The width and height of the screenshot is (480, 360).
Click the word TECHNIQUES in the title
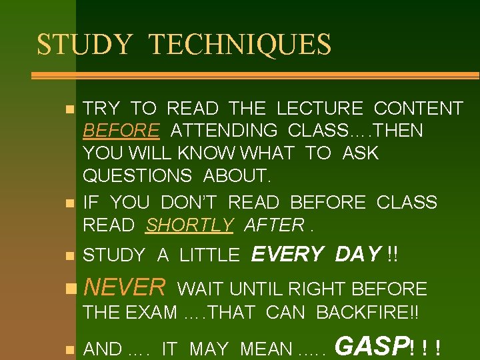[240, 45]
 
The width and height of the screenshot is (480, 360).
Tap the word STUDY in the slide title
[85, 45]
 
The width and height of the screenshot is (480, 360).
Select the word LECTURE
[319, 108]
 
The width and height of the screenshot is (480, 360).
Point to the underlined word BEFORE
[121, 131]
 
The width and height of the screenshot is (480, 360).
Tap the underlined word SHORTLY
[189, 225]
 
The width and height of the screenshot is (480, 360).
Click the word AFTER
[273, 225]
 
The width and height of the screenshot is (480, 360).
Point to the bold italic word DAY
[358, 254]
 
